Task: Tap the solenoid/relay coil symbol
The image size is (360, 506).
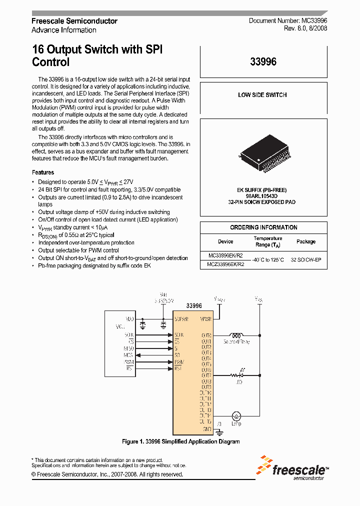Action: (236, 335)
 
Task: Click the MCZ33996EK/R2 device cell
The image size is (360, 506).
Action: (226, 264)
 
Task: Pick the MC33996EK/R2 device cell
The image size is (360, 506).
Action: (226, 255)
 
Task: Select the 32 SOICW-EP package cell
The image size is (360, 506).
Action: (305, 260)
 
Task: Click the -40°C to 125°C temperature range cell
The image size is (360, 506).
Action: (267, 260)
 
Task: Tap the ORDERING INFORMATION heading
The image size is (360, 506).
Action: (263, 227)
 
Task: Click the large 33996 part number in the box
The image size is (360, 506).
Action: (263, 62)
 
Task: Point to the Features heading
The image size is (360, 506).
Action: (43, 172)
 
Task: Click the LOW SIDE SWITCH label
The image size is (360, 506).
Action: (262, 95)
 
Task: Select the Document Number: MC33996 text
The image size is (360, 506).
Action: (288, 21)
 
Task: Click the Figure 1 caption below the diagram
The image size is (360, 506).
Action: (180, 441)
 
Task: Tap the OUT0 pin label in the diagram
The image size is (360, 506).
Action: (206, 335)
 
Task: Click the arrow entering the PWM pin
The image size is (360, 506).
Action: (154, 361)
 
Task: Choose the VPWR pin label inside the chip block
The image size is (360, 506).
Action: (205, 318)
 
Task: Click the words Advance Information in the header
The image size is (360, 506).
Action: (64, 30)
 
